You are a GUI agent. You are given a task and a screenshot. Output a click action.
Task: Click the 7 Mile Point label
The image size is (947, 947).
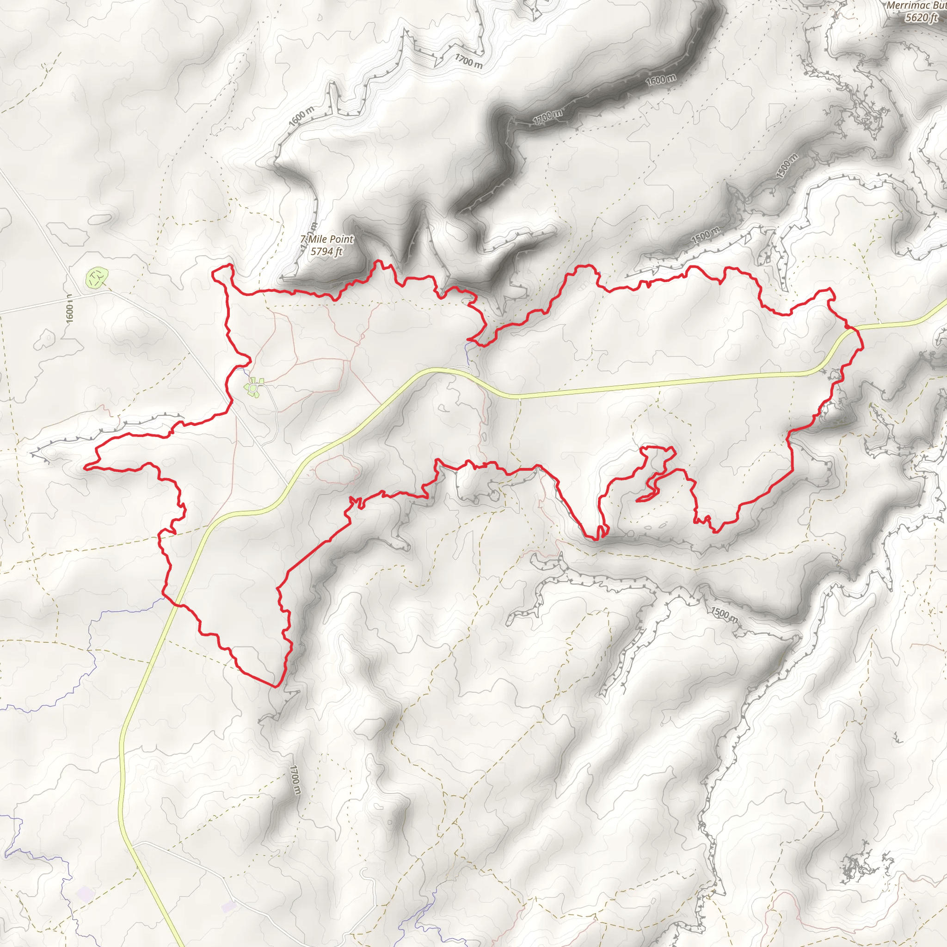[326, 239]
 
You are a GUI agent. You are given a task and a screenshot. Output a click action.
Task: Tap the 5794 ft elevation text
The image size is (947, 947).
[326, 252]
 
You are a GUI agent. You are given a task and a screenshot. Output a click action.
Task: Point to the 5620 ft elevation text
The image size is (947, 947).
[921, 18]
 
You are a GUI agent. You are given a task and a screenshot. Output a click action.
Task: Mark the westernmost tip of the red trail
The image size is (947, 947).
[85, 467]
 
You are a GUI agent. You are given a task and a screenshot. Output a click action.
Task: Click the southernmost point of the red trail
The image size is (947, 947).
[276, 687]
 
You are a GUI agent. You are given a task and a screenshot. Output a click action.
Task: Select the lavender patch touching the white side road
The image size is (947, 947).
[228, 906]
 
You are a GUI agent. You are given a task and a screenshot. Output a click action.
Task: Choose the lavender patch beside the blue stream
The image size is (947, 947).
[84, 895]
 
